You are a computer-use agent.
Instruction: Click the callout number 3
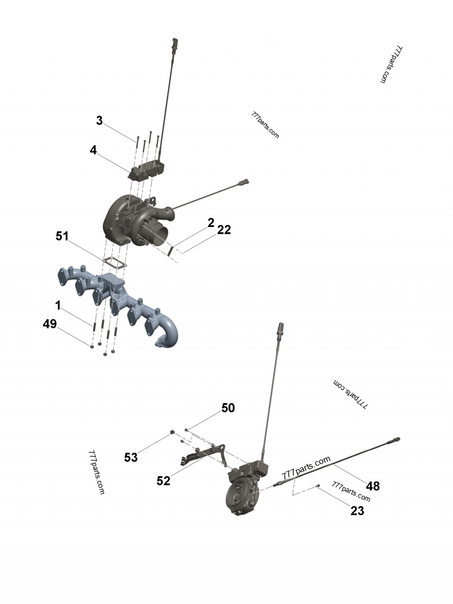99,121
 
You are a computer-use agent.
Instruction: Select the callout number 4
93,150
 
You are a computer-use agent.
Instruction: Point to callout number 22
224,229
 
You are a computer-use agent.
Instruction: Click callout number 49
50,324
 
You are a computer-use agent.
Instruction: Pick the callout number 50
228,408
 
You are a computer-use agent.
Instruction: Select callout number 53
131,457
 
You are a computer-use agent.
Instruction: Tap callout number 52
164,481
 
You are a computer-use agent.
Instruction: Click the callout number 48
373,486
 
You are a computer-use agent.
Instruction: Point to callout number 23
357,511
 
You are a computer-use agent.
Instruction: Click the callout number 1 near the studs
58,305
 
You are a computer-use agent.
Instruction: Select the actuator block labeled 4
148,169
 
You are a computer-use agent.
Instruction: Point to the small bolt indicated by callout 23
319,486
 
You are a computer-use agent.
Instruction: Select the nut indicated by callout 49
92,345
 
